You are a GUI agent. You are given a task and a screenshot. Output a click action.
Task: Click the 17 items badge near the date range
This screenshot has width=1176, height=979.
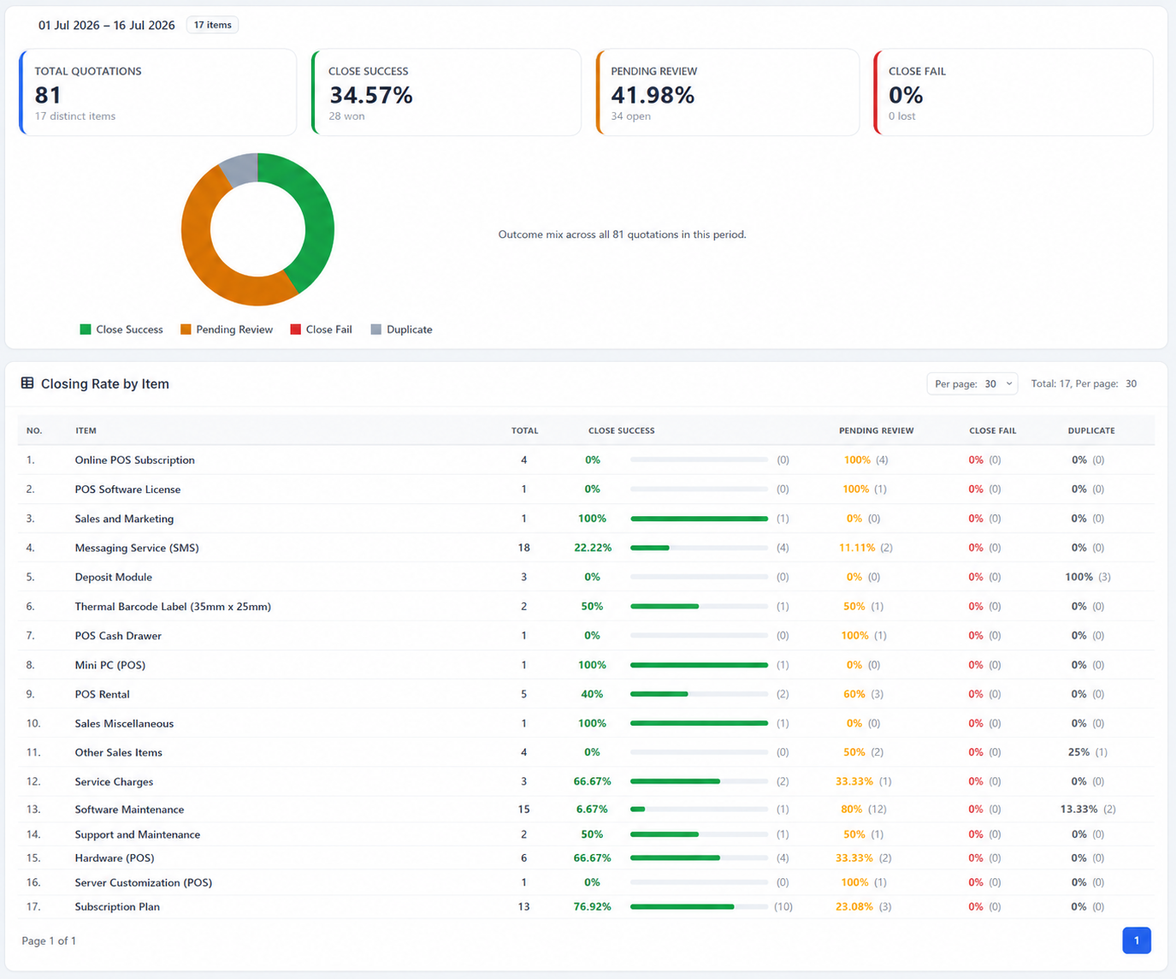click(212, 25)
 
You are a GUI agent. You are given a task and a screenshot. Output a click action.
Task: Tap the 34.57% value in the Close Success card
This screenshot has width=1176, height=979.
click(370, 95)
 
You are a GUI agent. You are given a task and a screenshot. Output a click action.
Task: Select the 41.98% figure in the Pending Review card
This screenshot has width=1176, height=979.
click(653, 95)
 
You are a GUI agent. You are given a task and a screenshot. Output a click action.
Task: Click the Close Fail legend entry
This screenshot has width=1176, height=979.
click(321, 329)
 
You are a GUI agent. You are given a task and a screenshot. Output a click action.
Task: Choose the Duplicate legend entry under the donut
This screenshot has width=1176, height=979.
click(402, 329)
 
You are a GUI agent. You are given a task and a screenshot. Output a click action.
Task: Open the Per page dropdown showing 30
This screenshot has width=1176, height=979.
click(972, 384)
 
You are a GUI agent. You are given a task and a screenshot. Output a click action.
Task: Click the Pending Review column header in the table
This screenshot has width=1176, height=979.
click(877, 430)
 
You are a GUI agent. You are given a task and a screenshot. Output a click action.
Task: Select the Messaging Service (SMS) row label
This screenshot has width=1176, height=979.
click(137, 548)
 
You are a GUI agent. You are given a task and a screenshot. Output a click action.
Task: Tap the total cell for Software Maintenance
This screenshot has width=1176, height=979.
click(523, 810)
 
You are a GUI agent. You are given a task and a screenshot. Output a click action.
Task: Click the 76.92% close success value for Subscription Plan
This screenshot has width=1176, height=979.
click(593, 906)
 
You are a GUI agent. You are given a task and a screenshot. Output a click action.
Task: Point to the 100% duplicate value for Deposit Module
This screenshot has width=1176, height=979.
click(1078, 577)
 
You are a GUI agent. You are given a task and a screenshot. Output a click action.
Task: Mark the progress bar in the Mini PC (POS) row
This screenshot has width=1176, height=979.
click(699, 665)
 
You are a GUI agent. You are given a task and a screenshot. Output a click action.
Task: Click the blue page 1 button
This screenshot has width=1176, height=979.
click(1137, 940)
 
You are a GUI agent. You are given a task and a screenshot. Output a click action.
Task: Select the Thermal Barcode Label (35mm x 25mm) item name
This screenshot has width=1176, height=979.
click(173, 607)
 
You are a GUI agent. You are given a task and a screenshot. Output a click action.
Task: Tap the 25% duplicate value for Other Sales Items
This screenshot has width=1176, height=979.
click(1078, 752)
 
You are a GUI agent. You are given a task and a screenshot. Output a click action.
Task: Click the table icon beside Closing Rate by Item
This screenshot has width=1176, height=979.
click(27, 383)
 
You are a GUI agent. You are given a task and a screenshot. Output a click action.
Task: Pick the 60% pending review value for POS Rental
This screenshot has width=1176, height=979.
click(854, 694)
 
